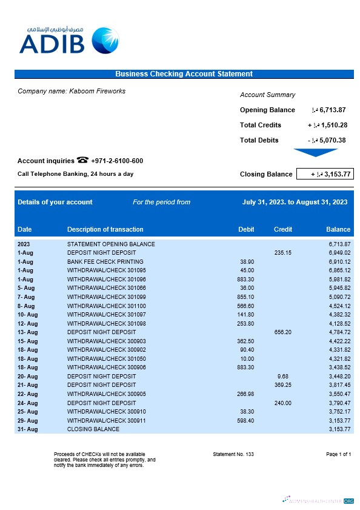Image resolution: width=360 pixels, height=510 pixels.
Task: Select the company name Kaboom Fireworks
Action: (72, 91)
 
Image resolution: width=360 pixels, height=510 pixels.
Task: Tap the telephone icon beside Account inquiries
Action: (83, 161)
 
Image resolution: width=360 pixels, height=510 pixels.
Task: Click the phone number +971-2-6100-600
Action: (117, 161)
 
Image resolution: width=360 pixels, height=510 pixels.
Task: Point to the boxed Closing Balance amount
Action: (324, 174)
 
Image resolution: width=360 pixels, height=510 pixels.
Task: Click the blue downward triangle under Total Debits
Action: (315, 153)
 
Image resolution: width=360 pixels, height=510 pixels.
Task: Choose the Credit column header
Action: (283, 229)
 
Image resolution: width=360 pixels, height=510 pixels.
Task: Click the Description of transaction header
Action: (105, 229)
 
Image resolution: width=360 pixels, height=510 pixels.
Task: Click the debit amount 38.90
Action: (247, 261)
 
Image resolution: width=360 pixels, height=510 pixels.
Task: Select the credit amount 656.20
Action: (282, 332)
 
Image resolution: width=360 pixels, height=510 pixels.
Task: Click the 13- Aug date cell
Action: (28, 332)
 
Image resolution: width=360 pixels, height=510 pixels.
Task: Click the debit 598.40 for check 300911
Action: (245, 420)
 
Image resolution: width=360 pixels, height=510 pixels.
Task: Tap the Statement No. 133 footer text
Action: (233, 454)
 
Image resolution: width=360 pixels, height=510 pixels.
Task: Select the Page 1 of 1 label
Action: (338, 454)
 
